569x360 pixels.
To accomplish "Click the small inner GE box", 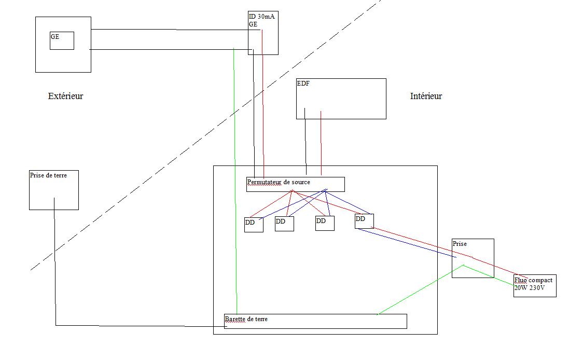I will pos(62,40).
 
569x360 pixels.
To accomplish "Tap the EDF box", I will pos(341,99).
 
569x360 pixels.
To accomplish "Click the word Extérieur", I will pos(65,96).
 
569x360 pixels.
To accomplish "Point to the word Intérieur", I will pos(426,96).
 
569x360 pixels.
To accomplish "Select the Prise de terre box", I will pos(54,190).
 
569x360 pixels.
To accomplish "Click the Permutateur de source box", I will pos(295,184).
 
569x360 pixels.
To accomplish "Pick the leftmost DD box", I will pos(254,225).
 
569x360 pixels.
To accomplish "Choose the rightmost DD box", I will pos(364,221).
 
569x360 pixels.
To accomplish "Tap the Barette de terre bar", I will pos(315,321).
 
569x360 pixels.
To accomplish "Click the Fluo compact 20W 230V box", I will pos(535,286).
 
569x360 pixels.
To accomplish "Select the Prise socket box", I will pos(473,258).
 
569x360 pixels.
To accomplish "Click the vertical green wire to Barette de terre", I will pos(235,182).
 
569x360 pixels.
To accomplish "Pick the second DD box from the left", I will pos(284,224).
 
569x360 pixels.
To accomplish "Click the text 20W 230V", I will pos(530,288).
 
